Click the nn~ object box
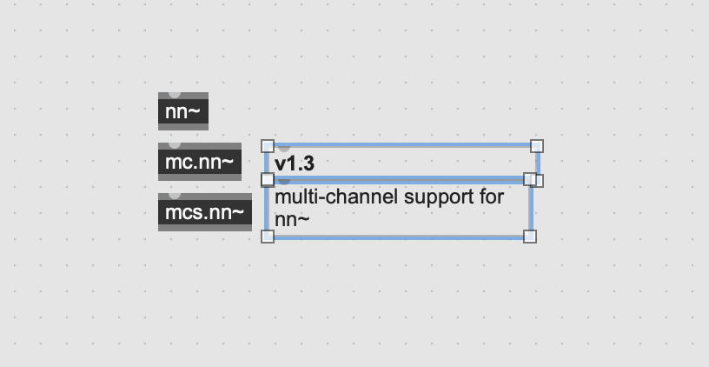point(183,111)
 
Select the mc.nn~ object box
point(200,162)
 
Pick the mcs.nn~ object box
point(205,212)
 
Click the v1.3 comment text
point(295,163)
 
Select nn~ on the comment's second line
point(292,220)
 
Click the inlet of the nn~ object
point(175,95)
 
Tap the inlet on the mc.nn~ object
point(175,145)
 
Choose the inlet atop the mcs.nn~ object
point(175,196)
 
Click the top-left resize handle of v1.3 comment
point(268,146)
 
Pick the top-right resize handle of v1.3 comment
point(537,146)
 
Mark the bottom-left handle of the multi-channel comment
point(268,237)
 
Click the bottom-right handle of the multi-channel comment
point(530,237)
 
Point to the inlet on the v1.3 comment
point(284,149)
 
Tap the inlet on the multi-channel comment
point(284,182)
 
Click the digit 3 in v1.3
point(308,163)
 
